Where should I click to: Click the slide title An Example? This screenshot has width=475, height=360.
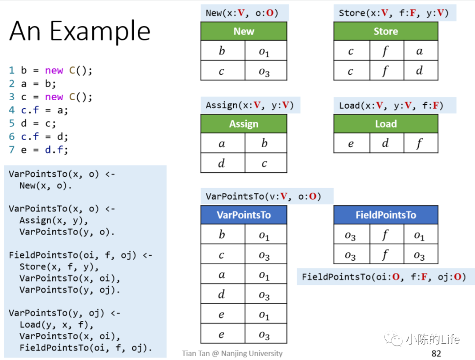tap(80, 32)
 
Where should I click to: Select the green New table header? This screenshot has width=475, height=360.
tap(244, 31)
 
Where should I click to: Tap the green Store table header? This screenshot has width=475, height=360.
tap(386, 31)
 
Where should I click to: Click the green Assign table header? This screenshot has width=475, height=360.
tap(244, 124)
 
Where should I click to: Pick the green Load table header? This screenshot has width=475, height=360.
tap(386, 124)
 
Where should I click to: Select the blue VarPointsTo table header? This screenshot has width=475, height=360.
tap(244, 215)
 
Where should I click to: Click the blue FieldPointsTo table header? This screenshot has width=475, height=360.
tap(386, 215)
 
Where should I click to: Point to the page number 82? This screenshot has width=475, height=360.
tap(436, 353)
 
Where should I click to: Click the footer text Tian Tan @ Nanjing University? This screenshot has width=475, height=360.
tap(232, 353)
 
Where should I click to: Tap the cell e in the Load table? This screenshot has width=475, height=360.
tap(351, 143)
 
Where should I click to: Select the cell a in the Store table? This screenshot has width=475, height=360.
tap(420, 51)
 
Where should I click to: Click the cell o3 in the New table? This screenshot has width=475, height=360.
tap(264, 71)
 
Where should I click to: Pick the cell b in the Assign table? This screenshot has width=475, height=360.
tap(264, 143)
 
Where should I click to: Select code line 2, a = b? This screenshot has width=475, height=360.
tap(33, 84)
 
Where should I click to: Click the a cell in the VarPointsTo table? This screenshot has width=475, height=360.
tap(222, 275)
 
